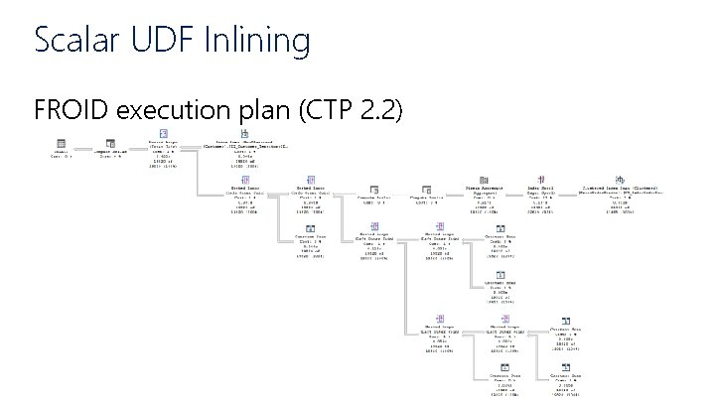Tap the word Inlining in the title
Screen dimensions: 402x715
(x=259, y=41)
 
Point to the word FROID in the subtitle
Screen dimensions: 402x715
(x=71, y=110)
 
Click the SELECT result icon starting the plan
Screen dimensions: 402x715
(x=60, y=144)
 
